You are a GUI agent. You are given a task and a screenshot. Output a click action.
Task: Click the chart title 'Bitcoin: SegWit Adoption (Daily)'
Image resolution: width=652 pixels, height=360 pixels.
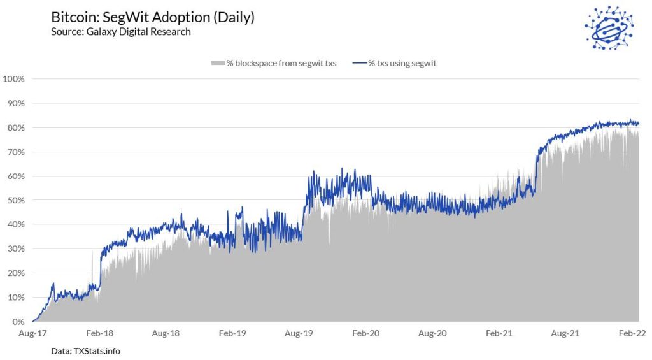pyautogui.click(x=153, y=17)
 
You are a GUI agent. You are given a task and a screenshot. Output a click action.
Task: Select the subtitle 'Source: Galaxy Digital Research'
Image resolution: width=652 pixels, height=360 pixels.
pyautogui.click(x=121, y=31)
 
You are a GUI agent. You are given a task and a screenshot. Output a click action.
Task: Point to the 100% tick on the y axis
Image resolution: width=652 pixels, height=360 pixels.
pyautogui.click(x=14, y=79)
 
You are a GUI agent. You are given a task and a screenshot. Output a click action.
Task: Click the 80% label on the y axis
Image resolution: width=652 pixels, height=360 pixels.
pyautogui.click(x=16, y=127)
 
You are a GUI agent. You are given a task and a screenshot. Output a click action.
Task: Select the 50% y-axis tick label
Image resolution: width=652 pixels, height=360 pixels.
pyautogui.click(x=16, y=200)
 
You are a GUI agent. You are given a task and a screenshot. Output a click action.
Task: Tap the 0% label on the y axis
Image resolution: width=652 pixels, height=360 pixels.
pyautogui.click(x=18, y=322)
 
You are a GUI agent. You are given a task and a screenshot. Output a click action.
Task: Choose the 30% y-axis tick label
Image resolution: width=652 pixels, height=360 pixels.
pyautogui.click(x=16, y=249)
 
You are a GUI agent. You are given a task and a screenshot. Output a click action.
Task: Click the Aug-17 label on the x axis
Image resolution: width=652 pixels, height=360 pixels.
pyautogui.click(x=31, y=333)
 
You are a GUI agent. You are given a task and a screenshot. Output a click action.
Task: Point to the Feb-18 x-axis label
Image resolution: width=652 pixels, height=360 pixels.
pyautogui.click(x=99, y=333)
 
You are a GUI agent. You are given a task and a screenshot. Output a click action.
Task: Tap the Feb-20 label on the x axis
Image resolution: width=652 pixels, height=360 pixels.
pyautogui.click(x=366, y=333)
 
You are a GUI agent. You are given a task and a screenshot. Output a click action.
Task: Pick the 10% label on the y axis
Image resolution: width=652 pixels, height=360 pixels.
pyautogui.click(x=16, y=298)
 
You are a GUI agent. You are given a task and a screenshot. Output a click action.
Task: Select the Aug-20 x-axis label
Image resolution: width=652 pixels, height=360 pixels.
pyautogui.click(x=432, y=333)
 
